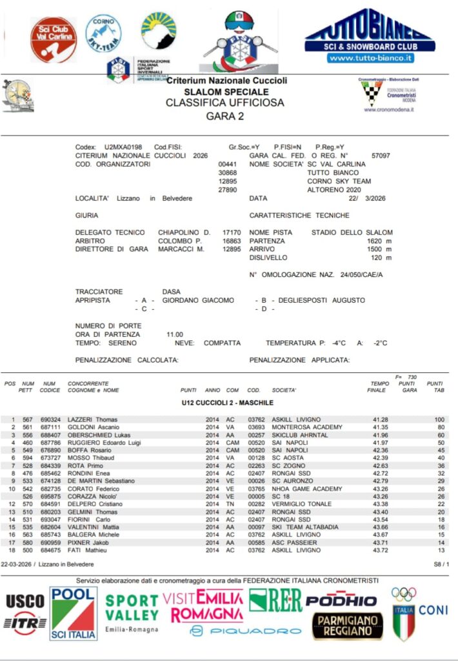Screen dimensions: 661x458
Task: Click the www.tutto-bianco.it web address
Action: point(370,58)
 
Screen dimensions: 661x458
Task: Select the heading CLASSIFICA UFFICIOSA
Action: point(224,102)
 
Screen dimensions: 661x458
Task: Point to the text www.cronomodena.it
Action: point(388,110)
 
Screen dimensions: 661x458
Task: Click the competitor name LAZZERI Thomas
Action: point(93,420)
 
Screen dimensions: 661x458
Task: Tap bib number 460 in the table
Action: point(26,443)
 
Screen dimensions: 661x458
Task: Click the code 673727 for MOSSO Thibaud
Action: point(50,458)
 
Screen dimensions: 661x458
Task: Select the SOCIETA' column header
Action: point(284,390)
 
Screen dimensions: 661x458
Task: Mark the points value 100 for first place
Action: point(440,420)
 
